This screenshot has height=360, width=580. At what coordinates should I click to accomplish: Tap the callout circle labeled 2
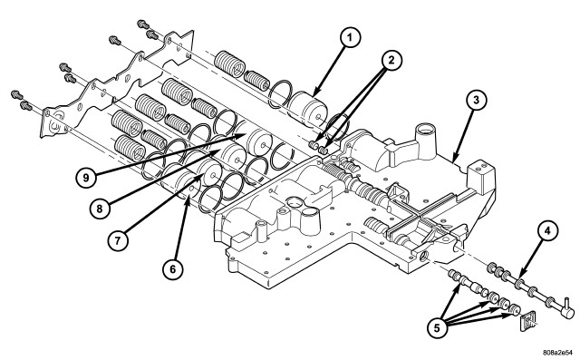(x=391, y=61)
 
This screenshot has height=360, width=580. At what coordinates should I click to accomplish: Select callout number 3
(x=476, y=100)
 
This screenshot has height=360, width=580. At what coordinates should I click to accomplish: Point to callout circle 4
(x=547, y=231)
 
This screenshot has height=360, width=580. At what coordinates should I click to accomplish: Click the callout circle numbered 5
(x=437, y=328)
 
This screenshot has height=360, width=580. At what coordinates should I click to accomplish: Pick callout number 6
(x=173, y=269)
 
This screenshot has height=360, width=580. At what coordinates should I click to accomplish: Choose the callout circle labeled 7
(x=118, y=241)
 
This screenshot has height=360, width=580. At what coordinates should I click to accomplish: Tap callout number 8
(x=100, y=209)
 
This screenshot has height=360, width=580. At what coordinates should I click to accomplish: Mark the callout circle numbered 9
(x=86, y=178)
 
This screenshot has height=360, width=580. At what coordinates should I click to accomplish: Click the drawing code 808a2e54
(x=559, y=352)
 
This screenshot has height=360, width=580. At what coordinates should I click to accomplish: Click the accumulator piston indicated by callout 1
(x=308, y=108)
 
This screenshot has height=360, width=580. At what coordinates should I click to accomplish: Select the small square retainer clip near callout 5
(x=527, y=320)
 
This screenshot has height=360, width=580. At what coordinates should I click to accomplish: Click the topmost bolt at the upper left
(x=143, y=24)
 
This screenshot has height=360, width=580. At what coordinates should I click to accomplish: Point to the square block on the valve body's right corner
(x=481, y=176)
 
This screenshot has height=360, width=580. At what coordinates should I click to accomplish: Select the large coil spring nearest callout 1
(x=229, y=63)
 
